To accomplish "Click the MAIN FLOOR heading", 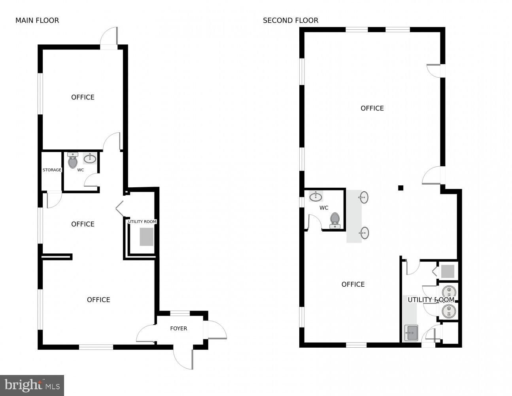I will click(37, 21).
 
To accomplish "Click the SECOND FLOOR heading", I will click(291, 21).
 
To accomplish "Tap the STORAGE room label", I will click(52, 170).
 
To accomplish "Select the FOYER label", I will click(178, 328).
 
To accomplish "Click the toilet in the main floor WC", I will click(73, 161).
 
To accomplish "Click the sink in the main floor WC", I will click(90, 159).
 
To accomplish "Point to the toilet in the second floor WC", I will click(335, 220).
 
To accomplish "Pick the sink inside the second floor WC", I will click(316, 196).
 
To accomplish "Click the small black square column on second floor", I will click(401, 188).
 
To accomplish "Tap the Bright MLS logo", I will click(32, 385).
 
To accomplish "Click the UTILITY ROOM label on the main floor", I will click(142, 222).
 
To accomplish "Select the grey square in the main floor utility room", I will click(146, 237).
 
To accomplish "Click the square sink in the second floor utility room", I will click(411, 333).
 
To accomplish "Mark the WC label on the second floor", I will click(324, 208).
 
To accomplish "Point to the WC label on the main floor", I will click(81, 170).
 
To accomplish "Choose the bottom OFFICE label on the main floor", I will click(98, 300).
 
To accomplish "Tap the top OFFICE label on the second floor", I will click(372, 108).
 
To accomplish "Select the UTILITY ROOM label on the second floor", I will click(431, 300).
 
